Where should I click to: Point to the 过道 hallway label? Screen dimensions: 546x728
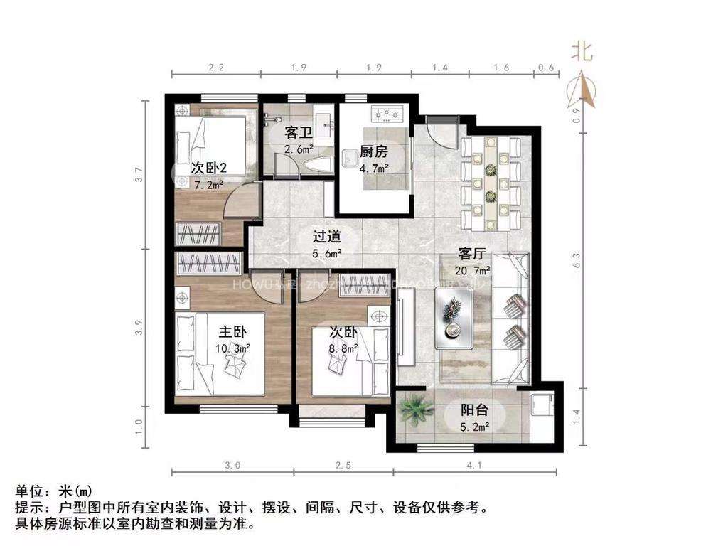tap(328, 237)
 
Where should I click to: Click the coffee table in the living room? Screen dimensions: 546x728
tap(455, 320)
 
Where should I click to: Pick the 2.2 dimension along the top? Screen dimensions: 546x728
tap(216, 68)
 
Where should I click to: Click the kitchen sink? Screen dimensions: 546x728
tap(350, 158)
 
